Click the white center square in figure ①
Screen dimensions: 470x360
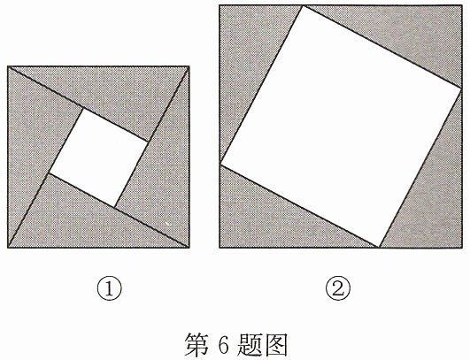[98, 157]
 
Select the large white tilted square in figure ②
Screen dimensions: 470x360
[341, 126]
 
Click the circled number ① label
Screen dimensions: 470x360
[110, 288]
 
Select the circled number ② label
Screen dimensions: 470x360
[338, 288]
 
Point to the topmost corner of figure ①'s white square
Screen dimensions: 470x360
[83, 108]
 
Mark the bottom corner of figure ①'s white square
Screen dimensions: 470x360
[114, 207]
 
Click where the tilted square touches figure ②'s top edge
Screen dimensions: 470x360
[304, 5]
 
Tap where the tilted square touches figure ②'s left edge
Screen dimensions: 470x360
[220, 164]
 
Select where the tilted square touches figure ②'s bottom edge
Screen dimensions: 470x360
[379, 248]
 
